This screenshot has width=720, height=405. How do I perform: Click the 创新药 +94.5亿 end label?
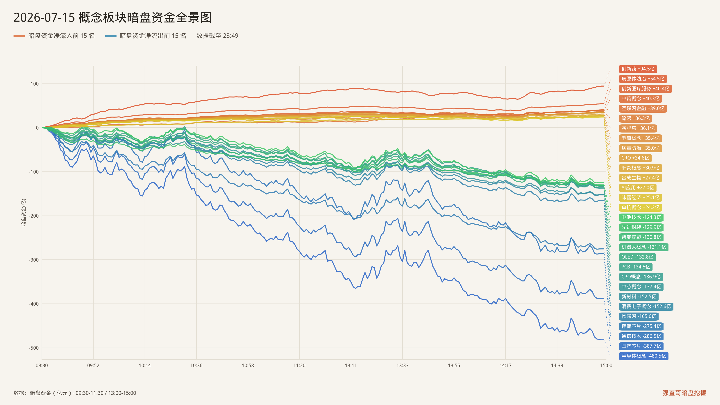(x=638, y=69)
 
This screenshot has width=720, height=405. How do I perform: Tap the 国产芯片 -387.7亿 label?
(x=641, y=346)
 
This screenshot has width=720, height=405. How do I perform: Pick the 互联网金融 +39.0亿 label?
(x=643, y=108)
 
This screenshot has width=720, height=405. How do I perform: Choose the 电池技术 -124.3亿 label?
(x=641, y=217)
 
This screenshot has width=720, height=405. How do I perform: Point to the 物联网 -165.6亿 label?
(x=639, y=316)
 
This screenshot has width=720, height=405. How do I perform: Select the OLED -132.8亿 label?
(x=637, y=257)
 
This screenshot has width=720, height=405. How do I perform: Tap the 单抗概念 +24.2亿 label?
(x=640, y=207)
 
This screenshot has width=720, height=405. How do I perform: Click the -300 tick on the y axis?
(x=34, y=260)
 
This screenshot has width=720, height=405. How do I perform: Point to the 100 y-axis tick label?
(x=35, y=84)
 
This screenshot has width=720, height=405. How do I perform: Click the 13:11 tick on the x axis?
(x=351, y=366)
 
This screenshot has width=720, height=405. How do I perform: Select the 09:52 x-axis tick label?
(x=93, y=366)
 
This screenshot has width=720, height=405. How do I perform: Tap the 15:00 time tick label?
(x=606, y=366)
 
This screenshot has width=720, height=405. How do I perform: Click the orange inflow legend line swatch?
(x=19, y=36)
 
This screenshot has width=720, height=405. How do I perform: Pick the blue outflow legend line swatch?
(x=111, y=36)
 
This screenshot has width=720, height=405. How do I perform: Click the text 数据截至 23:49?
(x=217, y=36)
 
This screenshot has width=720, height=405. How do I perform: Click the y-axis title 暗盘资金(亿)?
(x=24, y=212)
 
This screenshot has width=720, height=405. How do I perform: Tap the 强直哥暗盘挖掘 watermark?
(x=684, y=393)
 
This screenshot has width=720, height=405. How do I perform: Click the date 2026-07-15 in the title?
(x=44, y=17)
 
